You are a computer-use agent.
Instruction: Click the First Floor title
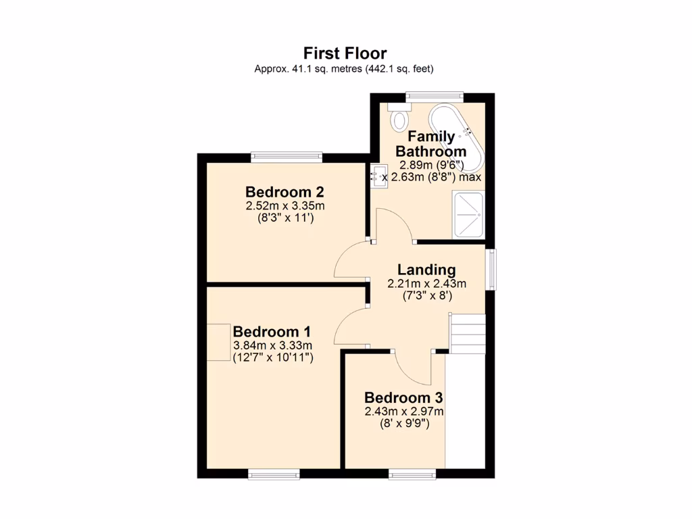coord(345,53)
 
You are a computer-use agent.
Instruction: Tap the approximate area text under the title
coord(345,68)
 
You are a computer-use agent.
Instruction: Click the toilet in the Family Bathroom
coord(399,118)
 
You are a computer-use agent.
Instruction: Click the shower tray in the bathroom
coord(468,214)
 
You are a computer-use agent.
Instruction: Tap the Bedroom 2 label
coord(279,192)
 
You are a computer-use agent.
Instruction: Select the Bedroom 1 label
coord(272,332)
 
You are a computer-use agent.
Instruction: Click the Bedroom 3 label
coord(403,397)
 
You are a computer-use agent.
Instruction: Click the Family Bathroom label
coord(430,144)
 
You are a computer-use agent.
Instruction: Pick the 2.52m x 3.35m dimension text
coord(285,206)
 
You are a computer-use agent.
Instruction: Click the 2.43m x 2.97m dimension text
coord(403,412)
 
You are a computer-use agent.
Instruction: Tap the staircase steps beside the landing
coord(468,334)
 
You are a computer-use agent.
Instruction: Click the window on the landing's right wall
coord(493,270)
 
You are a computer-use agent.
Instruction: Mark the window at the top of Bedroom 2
coord(286,157)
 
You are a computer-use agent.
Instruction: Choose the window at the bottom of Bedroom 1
coord(273,476)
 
